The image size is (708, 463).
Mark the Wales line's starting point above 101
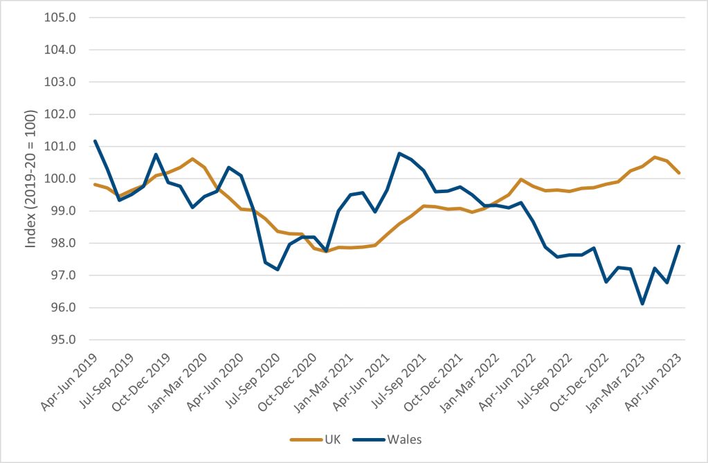[x=95, y=141]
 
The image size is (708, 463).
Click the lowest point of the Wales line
[x=643, y=304]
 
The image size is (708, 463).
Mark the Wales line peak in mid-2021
[x=399, y=154]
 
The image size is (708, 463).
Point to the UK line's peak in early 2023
[x=655, y=158]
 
